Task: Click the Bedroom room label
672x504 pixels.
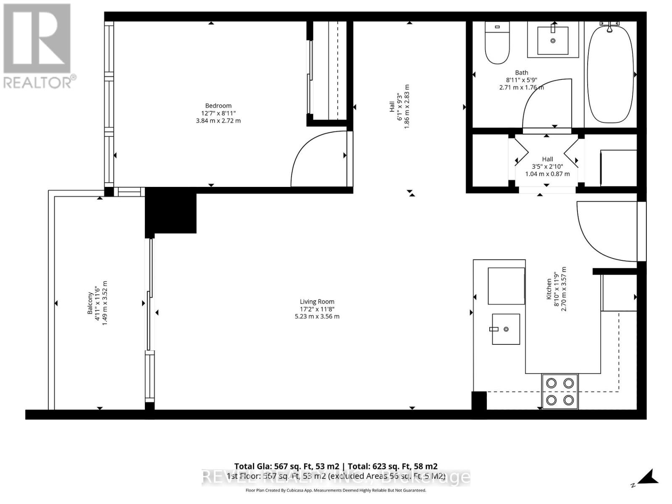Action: click(218, 106)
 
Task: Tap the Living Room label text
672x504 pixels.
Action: click(317, 302)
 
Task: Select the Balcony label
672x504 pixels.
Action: click(90, 303)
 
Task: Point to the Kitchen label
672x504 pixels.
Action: click(549, 289)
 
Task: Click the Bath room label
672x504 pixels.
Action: click(521, 73)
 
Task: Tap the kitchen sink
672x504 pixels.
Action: click(506, 329)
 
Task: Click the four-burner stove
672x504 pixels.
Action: click(560, 391)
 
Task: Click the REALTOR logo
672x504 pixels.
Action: click(38, 46)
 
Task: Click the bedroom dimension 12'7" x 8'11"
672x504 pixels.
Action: click(218, 113)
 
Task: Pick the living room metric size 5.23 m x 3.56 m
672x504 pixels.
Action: click(317, 316)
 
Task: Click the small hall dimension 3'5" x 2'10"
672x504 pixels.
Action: click(547, 166)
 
